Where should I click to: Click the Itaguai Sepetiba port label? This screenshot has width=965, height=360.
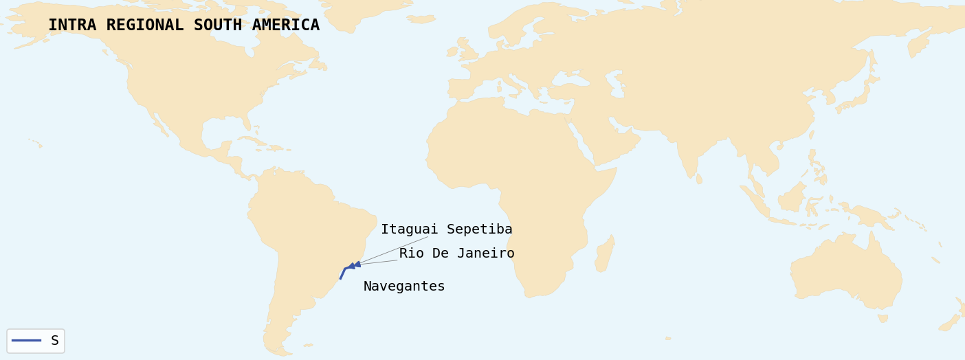coord(447,229)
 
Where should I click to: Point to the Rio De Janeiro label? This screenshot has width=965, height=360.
coord(456,254)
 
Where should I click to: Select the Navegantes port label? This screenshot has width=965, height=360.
coord(404,286)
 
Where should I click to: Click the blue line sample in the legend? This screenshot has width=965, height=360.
coord(26,340)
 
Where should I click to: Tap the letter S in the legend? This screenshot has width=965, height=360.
coord(55,341)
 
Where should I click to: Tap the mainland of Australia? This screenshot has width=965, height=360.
coord(845,271)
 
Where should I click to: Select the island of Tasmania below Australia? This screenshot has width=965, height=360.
coord(883,318)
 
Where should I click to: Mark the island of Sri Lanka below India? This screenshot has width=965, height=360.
coord(699,179)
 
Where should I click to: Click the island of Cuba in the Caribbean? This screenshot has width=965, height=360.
coord(252,140)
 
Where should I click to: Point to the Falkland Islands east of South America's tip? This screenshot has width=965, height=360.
coord(308,345)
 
